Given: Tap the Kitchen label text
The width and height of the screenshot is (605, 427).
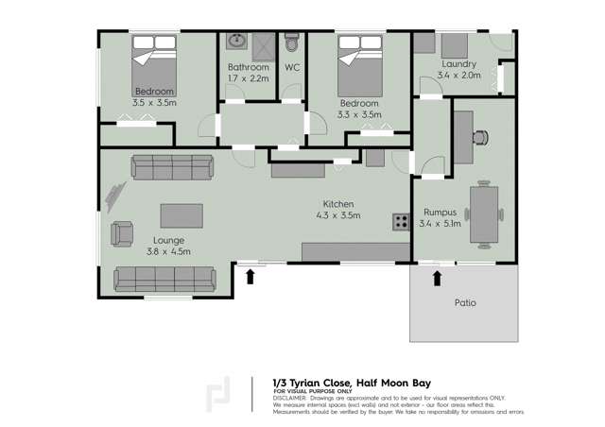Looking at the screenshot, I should pyautogui.click(x=337, y=204).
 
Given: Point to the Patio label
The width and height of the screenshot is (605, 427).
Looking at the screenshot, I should pyautogui.click(x=464, y=303).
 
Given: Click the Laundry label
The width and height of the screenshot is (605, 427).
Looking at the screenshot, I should pyautogui.click(x=458, y=64).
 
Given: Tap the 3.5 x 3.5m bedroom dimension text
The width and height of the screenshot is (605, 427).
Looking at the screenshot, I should pyautogui.click(x=154, y=102).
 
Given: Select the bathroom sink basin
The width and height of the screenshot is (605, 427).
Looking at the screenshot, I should pyautogui.click(x=236, y=42).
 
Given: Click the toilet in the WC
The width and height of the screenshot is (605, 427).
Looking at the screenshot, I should pyautogui.click(x=291, y=43).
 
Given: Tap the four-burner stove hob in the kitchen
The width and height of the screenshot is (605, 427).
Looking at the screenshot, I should pyautogui.click(x=401, y=223).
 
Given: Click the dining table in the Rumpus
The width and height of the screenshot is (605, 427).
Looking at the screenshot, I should pyautogui.click(x=484, y=213).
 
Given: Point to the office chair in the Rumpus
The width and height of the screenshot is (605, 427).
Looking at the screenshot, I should pyautogui.click(x=482, y=136).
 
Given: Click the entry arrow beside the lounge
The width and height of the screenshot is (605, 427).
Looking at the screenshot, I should pyautogui.click(x=251, y=276).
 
